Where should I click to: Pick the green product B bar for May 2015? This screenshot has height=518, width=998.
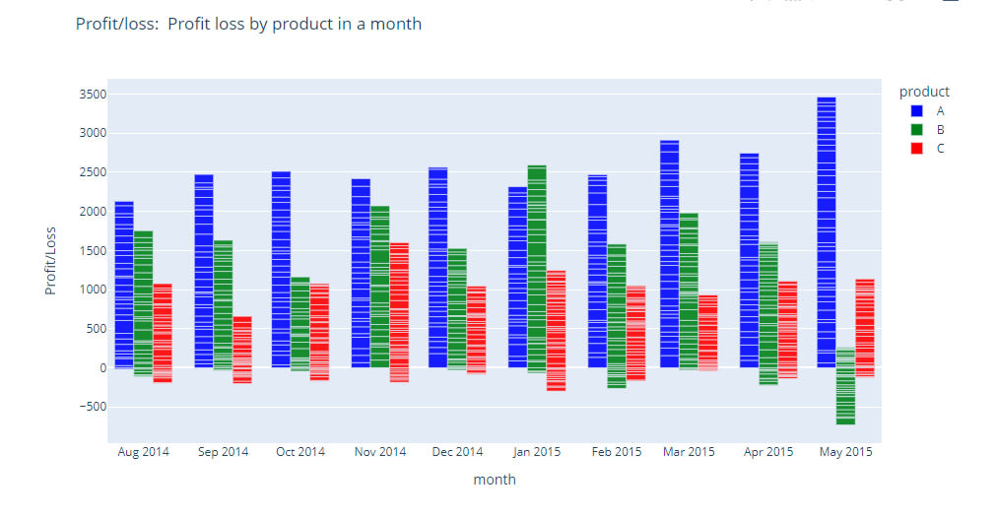845,385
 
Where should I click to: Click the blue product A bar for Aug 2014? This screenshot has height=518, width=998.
124,285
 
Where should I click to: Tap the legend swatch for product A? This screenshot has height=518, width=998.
916,111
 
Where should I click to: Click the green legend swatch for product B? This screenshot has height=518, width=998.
916,129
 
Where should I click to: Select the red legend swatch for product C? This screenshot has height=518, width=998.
916,148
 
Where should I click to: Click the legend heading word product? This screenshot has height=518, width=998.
924,92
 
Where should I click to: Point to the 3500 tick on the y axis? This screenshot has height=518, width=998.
95,95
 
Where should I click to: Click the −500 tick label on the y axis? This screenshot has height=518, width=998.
93,407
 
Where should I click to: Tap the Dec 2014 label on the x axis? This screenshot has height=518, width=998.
458,452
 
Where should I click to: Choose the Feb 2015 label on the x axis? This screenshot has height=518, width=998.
616,452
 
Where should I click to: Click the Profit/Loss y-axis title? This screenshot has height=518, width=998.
50,260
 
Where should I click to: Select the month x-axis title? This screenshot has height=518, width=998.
494,480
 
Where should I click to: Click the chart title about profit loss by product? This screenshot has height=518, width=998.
248,24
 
